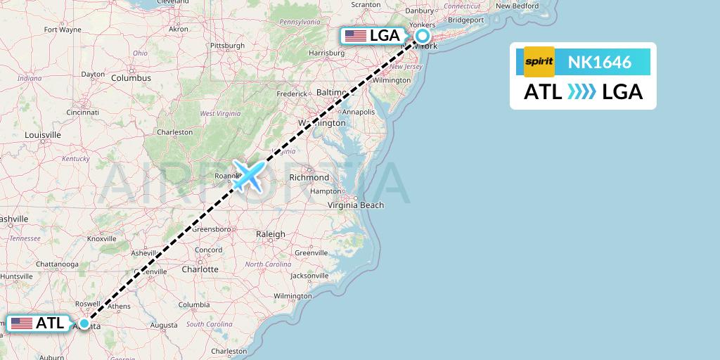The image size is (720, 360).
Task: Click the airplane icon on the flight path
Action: tap(247, 175)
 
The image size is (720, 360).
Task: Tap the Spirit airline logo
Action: tap(539, 62)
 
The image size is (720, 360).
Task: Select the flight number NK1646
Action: tap(599, 63)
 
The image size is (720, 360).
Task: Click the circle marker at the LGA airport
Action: tap(423, 36)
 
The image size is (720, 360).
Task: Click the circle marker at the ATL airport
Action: tap(84, 323)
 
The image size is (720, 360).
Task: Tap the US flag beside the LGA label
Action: tap(355, 36)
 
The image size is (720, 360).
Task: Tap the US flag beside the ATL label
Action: tap(22, 323)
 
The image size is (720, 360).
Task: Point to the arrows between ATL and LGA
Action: tap(581, 91)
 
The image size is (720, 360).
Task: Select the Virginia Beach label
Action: tap(356, 205)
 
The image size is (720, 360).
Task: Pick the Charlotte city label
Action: tap(199, 269)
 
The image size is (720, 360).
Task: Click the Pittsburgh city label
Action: tap(226, 46)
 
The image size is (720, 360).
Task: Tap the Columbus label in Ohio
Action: tap(130, 78)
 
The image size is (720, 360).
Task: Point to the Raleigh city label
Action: tap(271, 234)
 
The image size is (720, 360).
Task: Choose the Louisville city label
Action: tap(42, 134)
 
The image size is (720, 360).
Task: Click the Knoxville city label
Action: tap(101, 239)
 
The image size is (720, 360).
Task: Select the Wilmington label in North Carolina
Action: tap(293, 296)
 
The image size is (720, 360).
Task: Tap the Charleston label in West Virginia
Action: tap(174, 132)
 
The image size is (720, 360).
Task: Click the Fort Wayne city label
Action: tap(62, 30)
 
